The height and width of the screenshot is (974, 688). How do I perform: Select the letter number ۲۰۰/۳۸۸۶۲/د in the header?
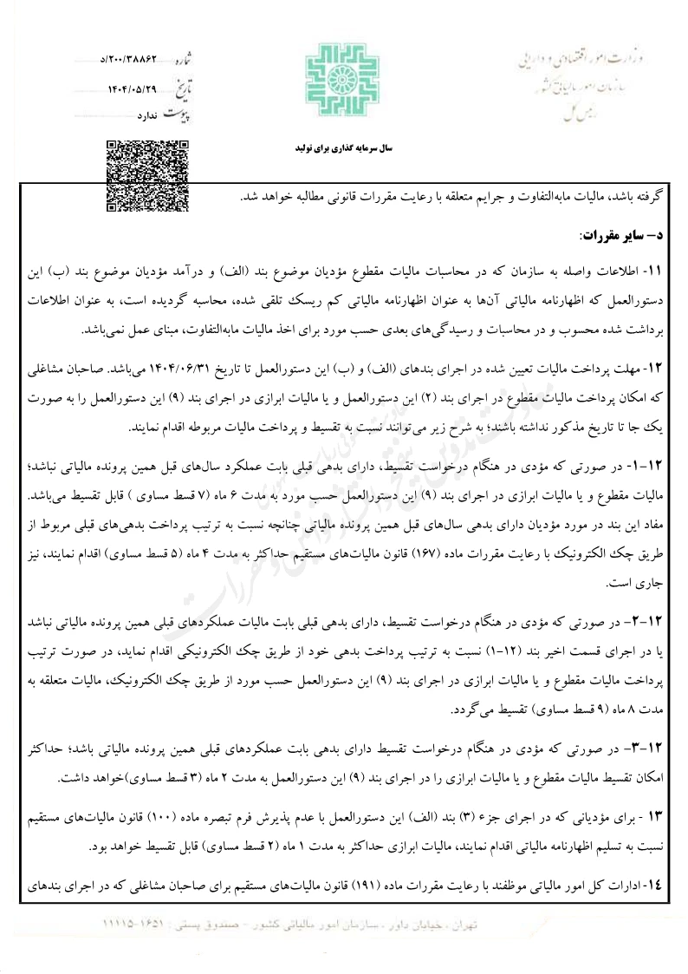coord(131,63)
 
